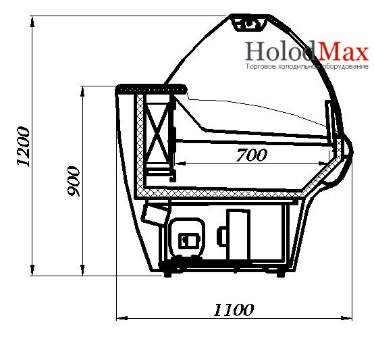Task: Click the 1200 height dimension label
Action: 24,147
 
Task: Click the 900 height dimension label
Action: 73,181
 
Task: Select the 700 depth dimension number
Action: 251,155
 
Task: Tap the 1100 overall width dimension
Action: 234,310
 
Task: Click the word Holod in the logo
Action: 280,51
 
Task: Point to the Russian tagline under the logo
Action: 307,66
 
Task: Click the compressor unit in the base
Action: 186,238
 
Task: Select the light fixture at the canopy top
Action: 249,24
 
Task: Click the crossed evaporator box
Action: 157,130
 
